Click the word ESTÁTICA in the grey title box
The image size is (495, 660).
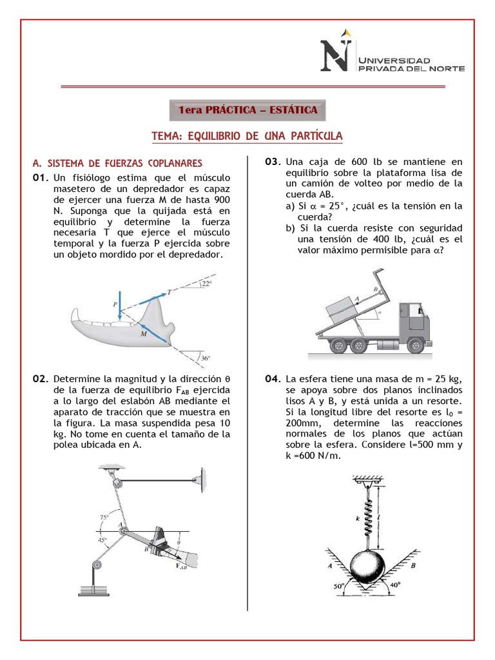pos(293,110)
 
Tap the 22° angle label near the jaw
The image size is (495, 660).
pos(206,283)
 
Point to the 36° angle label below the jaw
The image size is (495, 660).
pos(205,358)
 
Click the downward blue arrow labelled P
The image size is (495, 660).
pos(119,308)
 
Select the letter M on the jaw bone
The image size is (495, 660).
pos(143,335)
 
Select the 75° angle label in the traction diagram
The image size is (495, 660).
pos(104,516)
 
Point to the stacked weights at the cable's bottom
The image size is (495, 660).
pos(95,588)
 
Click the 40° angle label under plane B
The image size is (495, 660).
pos(394,585)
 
